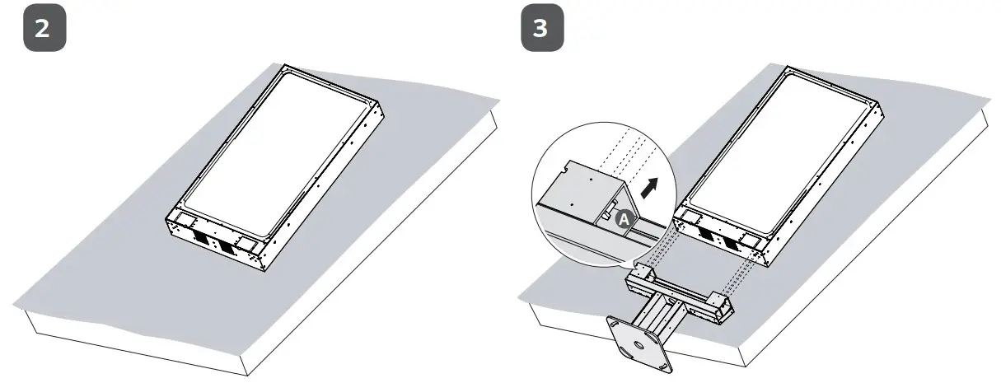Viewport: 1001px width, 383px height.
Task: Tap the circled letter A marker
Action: [x=624, y=218]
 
